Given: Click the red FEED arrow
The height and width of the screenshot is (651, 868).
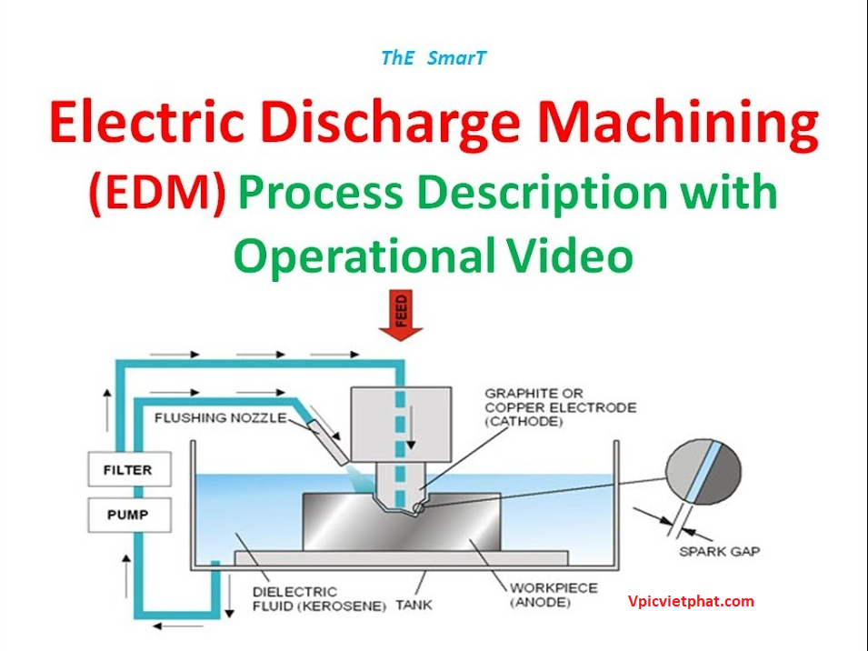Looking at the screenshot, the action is pos(401,315).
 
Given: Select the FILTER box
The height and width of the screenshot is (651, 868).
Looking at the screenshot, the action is pos(130,469).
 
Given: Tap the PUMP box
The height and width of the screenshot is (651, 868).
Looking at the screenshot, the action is pos(130,515).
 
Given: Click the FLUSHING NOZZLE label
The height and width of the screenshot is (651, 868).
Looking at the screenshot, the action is pos(220,418).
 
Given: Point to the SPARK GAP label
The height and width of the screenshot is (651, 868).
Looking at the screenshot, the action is pos(719,551).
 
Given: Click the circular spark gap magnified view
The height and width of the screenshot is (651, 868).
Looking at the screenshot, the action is pos(703,472).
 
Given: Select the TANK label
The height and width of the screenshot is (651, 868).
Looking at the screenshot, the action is pos(414,605).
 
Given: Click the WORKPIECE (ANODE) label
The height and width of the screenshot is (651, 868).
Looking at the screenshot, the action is pos(553,596).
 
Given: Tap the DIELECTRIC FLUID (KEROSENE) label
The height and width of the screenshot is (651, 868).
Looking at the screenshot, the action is pos(319,599).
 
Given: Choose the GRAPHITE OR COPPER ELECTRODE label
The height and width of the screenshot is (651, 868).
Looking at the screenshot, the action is pos(560,407).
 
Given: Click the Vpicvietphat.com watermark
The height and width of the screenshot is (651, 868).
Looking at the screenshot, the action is pos(691,602).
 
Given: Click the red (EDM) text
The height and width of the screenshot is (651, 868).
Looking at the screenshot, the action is pos(157,193).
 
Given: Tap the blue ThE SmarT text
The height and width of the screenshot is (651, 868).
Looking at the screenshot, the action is pos(434,57).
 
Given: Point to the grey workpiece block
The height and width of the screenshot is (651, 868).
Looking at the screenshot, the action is pos(402,522).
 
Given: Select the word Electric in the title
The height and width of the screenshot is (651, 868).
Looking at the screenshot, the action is pos(146,121).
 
